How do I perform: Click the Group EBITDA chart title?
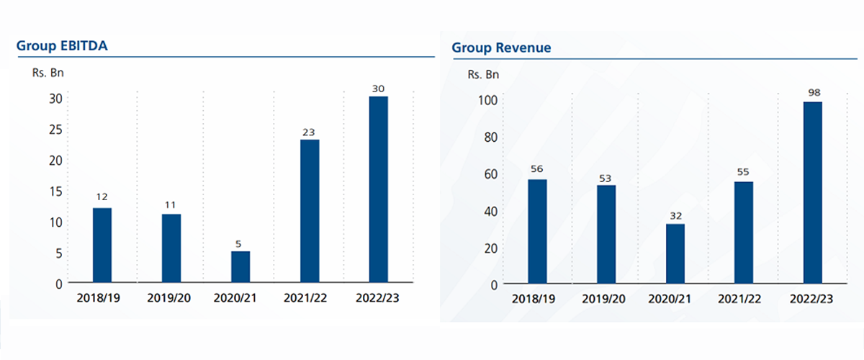click(x=62, y=47)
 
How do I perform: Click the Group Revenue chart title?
click(x=501, y=48)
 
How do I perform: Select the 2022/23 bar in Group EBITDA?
click(x=378, y=189)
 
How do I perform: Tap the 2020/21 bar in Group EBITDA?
click(x=240, y=266)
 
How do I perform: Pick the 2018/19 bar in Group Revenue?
click(x=537, y=231)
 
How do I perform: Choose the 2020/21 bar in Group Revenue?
click(x=675, y=253)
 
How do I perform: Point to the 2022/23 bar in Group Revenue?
click(x=812, y=192)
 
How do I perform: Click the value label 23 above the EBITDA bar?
click(x=310, y=132)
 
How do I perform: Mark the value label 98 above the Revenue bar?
click(x=814, y=93)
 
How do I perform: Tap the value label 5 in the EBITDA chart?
click(x=240, y=243)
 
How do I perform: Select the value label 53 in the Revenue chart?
click(x=606, y=177)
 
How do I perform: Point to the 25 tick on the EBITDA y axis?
click(x=55, y=130)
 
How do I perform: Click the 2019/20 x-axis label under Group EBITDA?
click(x=171, y=297)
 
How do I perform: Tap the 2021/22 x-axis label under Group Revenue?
click(x=743, y=298)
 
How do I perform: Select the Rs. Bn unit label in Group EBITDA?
click(x=44, y=72)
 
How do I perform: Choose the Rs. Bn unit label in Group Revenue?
click(x=483, y=74)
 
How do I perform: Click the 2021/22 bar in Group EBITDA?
click(x=310, y=210)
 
